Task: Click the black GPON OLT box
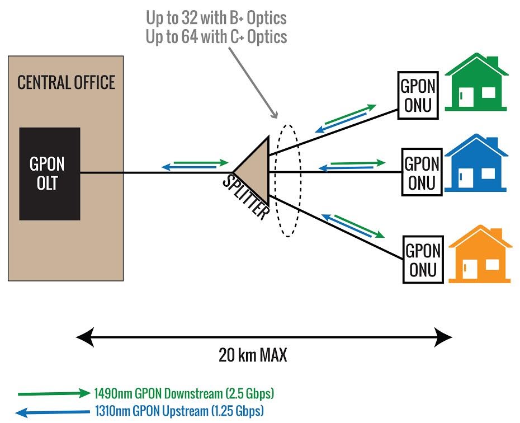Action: click(x=50, y=173)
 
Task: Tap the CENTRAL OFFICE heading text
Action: click(x=66, y=83)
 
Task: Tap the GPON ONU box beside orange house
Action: click(x=423, y=259)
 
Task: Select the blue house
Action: click(x=476, y=164)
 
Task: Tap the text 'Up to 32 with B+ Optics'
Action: click(x=216, y=18)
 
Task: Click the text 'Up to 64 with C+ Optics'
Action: click(x=216, y=37)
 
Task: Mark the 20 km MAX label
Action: click(x=253, y=355)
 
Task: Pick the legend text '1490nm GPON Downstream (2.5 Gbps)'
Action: click(x=185, y=392)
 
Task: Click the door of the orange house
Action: click(x=469, y=267)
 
